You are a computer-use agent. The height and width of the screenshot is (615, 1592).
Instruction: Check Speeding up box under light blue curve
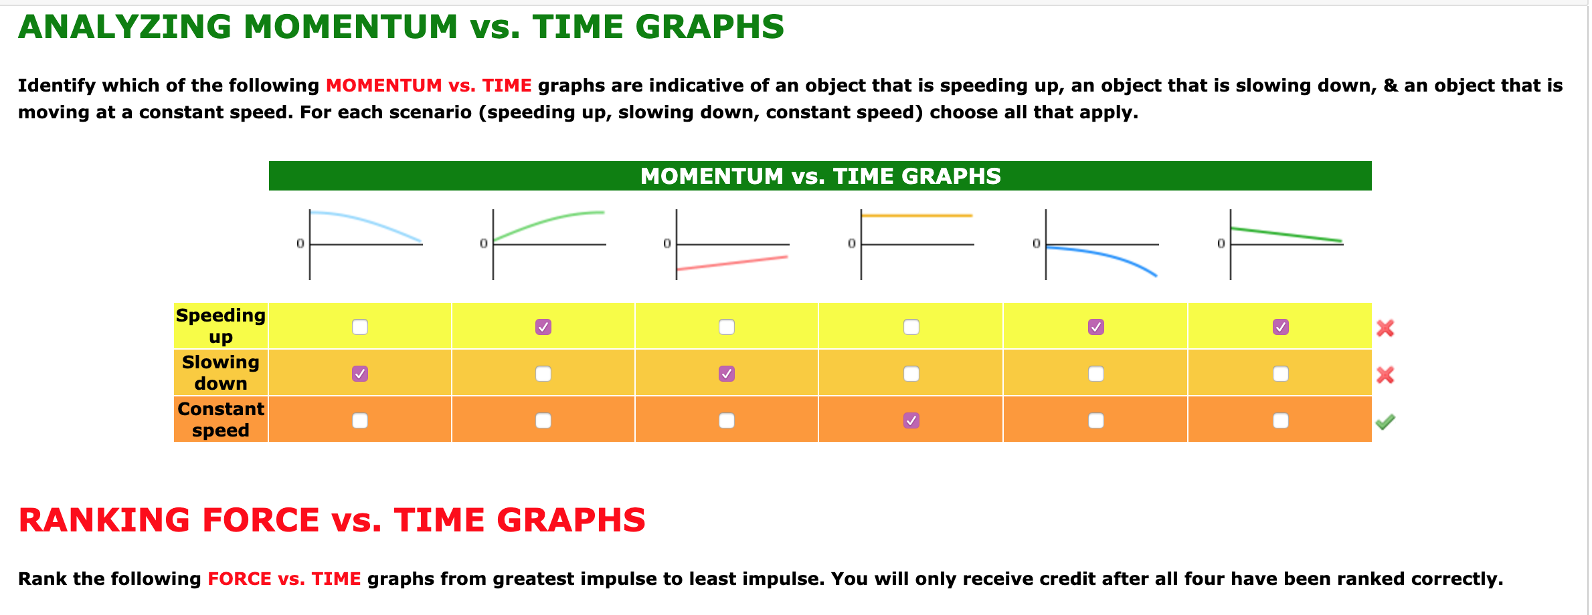click(360, 327)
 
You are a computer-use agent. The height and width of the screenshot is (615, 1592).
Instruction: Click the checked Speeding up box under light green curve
click(543, 327)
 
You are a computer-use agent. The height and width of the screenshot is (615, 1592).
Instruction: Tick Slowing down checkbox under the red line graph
click(727, 374)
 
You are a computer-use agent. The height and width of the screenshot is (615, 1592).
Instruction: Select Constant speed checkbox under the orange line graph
click(911, 420)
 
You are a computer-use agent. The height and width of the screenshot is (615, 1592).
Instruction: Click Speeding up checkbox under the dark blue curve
click(1096, 327)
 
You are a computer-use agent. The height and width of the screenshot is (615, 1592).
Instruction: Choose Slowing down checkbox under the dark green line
click(1281, 374)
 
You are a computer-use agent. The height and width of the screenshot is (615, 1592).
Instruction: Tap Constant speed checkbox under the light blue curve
click(360, 420)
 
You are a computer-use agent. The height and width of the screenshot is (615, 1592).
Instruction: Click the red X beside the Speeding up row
click(1385, 328)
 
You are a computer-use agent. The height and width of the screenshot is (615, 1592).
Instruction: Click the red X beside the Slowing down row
click(1385, 375)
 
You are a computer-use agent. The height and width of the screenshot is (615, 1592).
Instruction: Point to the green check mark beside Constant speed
click(1385, 422)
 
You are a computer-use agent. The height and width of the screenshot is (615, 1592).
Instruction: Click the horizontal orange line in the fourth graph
click(917, 215)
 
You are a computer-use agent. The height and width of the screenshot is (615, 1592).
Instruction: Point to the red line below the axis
click(733, 263)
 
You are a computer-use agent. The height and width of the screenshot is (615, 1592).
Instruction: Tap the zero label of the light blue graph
click(300, 243)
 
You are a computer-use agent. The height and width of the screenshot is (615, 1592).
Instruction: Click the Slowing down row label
click(221, 372)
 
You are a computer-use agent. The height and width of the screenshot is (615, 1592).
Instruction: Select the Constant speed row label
click(221, 419)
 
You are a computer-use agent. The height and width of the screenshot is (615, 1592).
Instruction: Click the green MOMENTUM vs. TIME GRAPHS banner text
click(820, 176)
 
